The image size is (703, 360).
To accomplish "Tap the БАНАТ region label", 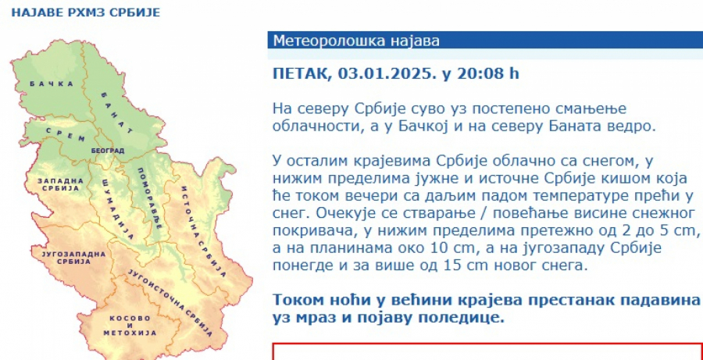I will [x=115, y=110].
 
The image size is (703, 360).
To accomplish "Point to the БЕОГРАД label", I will [x=107, y=149].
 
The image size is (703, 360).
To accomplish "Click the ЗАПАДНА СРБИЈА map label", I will [x=59, y=185].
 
